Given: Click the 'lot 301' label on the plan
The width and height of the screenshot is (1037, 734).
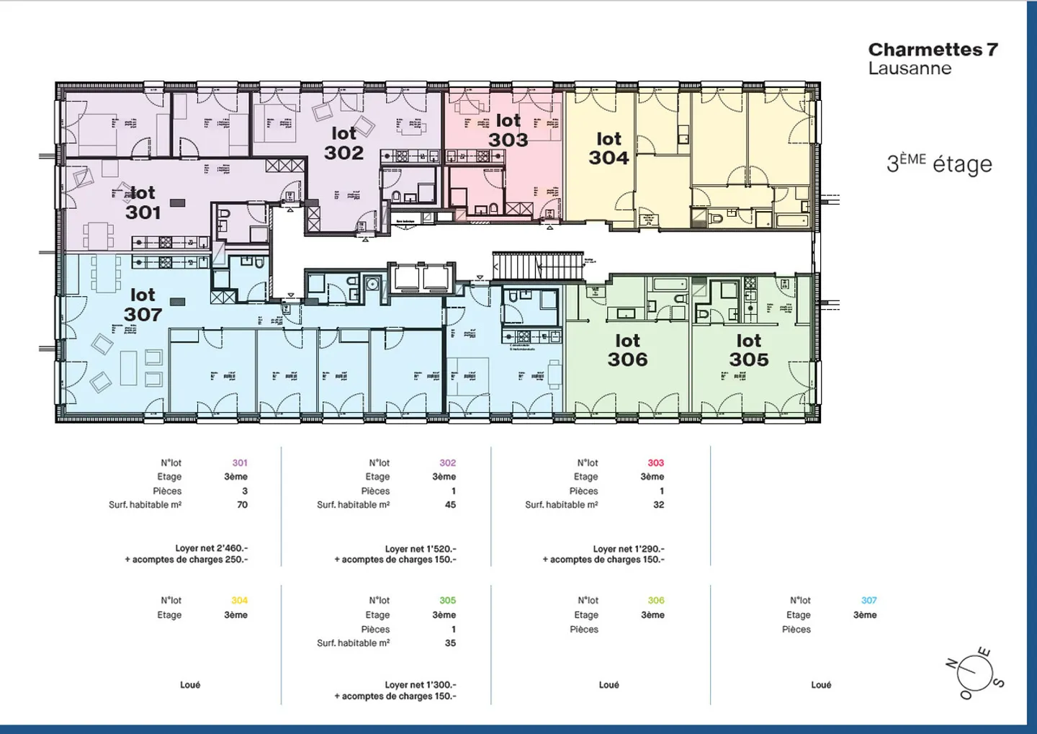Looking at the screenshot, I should (143, 203).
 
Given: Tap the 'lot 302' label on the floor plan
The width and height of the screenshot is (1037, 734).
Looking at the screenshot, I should (344, 143).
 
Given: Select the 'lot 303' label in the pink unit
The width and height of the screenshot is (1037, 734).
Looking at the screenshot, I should (508, 130).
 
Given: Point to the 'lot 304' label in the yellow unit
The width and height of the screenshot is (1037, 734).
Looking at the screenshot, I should (609, 148).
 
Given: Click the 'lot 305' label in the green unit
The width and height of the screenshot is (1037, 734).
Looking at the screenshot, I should (748, 350).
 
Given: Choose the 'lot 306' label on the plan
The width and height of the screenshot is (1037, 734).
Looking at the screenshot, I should (627, 350).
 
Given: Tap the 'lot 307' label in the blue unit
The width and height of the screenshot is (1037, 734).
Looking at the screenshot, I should (143, 305).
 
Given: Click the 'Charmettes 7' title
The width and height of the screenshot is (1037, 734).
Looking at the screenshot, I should (933, 50).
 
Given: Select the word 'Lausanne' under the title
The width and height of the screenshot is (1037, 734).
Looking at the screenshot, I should (910, 69).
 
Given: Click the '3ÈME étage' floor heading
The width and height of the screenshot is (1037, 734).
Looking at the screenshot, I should (939, 164).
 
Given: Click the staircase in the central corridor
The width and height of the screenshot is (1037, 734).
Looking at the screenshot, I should (537, 265).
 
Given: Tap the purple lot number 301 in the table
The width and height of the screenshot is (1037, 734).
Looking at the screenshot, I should (240, 463).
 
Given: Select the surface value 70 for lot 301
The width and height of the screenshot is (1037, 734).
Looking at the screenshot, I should (243, 505).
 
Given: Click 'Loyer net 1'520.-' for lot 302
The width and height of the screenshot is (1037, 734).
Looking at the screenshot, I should (421, 549).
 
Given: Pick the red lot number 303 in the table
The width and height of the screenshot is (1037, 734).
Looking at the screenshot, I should (655, 463).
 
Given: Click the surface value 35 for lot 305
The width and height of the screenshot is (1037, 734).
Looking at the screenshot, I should (450, 643).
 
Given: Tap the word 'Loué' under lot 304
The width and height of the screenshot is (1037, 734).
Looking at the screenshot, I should (190, 685).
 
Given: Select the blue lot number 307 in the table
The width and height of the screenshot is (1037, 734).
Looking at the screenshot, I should (868, 601).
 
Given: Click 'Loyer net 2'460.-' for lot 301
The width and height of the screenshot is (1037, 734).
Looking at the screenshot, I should (212, 548).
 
